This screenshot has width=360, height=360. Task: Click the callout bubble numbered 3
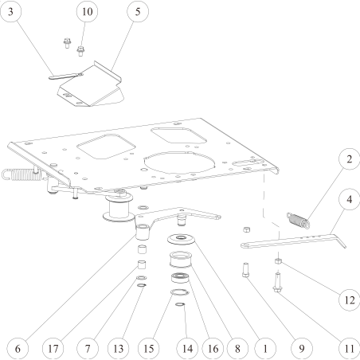[10, 11]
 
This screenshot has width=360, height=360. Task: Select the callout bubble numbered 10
[87, 11]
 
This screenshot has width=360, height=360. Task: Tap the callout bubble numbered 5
[138, 11]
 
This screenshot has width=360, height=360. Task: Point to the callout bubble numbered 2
[350, 158]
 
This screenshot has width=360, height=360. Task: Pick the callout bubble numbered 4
[350, 199]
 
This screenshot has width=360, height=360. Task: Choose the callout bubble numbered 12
[350, 300]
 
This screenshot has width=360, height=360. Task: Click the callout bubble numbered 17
[53, 349]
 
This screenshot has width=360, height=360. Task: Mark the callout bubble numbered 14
[187, 349]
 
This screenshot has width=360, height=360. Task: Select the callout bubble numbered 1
[265, 349]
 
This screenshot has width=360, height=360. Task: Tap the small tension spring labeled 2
[298, 221]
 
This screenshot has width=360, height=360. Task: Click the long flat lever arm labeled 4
[293, 241]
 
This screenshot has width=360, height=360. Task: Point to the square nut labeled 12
[278, 261]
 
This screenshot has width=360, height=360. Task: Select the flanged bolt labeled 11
[277, 283]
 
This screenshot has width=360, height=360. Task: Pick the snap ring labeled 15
[180, 292]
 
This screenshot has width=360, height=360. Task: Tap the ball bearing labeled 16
[180, 278]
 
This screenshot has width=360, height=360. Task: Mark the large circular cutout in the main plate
[179, 162]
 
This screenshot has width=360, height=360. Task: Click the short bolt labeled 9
[245, 269]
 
